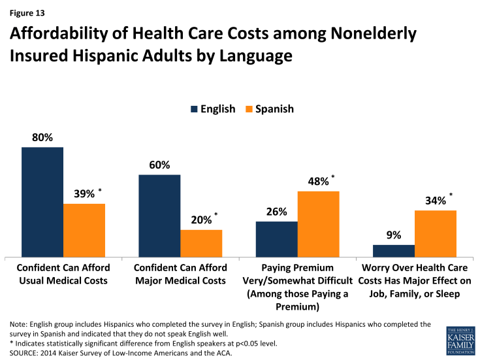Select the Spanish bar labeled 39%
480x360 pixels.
click(84, 229)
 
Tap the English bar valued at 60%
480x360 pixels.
click(159, 215)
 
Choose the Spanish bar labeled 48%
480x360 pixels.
click(318, 223)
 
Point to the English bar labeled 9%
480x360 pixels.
click(393, 250)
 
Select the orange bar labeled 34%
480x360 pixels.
click(435, 233)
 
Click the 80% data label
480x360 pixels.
click(42, 137)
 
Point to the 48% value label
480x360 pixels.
click(317, 182)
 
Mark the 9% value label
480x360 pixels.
click(393, 235)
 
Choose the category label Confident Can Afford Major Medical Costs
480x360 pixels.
click(180, 274)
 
